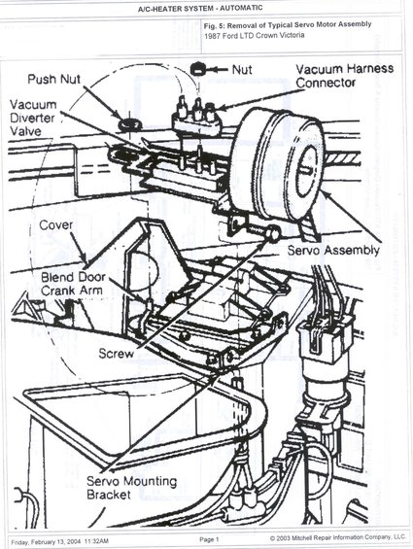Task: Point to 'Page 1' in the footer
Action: pyautogui.click(x=210, y=538)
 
